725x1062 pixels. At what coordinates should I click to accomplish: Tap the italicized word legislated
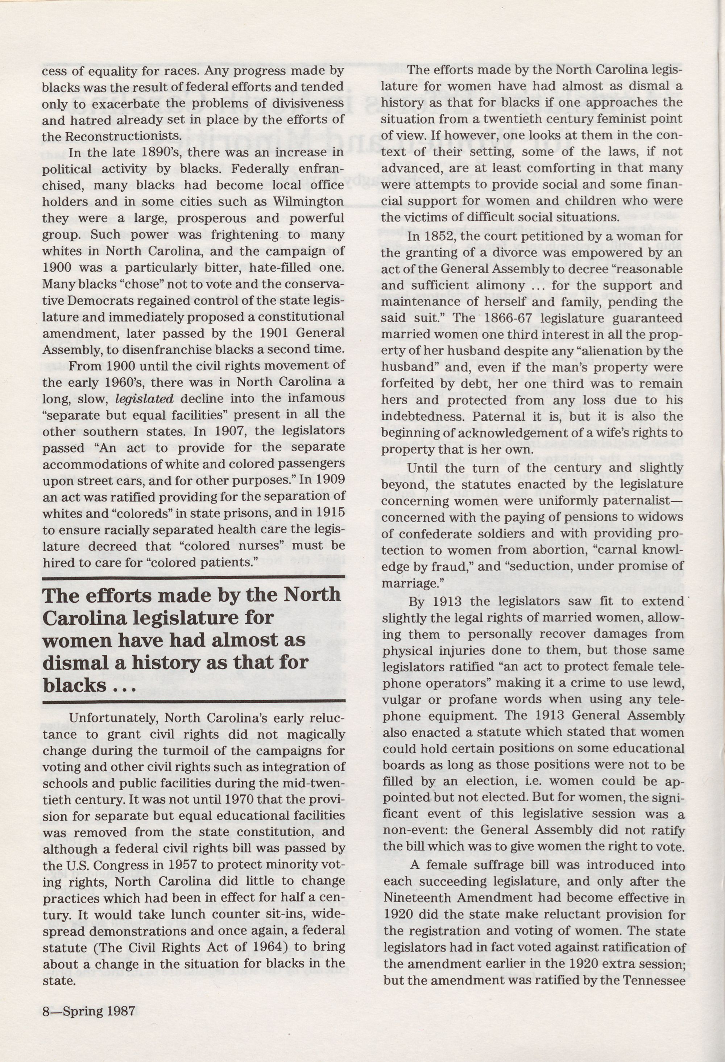[144, 398]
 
